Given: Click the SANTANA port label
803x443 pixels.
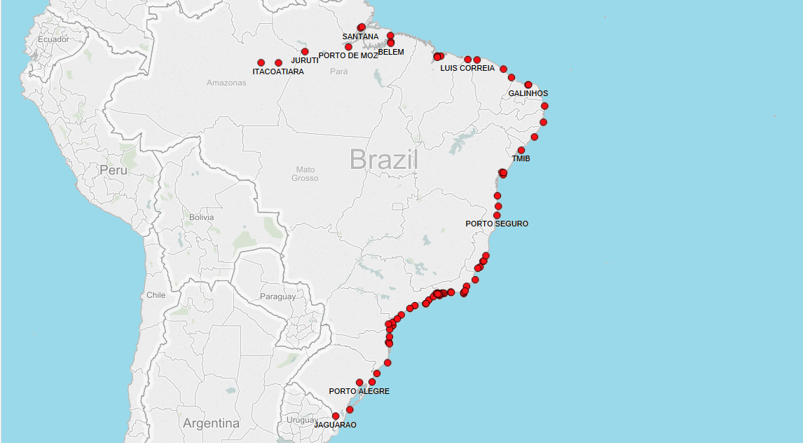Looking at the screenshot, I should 360,36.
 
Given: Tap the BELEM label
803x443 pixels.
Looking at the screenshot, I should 391,52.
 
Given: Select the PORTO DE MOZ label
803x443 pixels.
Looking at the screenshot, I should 348,55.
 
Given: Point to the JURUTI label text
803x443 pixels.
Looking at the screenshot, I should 305,60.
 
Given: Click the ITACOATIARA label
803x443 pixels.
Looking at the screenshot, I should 278,71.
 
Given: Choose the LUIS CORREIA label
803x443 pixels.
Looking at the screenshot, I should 467,68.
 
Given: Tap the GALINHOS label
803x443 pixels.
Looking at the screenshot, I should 528,93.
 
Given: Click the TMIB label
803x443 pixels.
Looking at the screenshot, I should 521,158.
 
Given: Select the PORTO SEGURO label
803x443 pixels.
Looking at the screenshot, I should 497,224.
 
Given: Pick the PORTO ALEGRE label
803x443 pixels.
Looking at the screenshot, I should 359,391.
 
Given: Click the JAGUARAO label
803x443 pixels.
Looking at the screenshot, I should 335,425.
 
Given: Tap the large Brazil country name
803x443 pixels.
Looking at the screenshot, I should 383,160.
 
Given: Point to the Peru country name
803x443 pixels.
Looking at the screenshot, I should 114,170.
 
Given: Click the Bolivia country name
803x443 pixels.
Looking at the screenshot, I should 201,217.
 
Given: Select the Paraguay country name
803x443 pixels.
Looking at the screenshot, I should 278,297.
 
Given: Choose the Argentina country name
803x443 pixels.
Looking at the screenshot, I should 211,423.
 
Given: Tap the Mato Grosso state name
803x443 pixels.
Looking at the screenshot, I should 305,174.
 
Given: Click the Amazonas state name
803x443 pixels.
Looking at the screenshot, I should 226,83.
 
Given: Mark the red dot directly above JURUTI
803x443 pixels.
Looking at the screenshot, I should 305,51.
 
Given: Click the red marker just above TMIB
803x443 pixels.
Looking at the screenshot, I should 521,150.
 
